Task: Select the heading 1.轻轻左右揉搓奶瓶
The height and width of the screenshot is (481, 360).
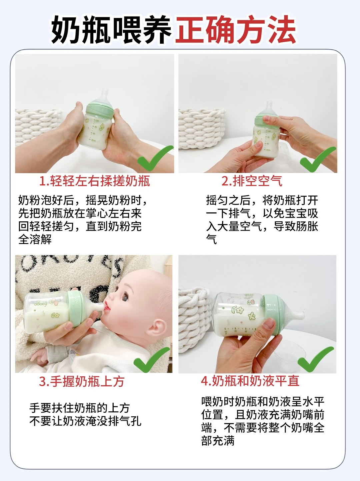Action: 95,181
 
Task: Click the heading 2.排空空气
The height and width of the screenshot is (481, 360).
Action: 252,181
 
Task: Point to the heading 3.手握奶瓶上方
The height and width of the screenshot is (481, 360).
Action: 82,382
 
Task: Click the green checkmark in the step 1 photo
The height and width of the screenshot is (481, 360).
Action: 155,158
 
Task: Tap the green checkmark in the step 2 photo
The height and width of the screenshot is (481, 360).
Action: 318,159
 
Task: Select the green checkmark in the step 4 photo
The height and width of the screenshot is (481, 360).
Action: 316,359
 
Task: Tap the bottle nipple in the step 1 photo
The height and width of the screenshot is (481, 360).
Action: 105,96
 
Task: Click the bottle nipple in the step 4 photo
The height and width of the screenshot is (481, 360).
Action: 296,316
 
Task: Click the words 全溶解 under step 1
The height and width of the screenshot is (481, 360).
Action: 35,240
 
